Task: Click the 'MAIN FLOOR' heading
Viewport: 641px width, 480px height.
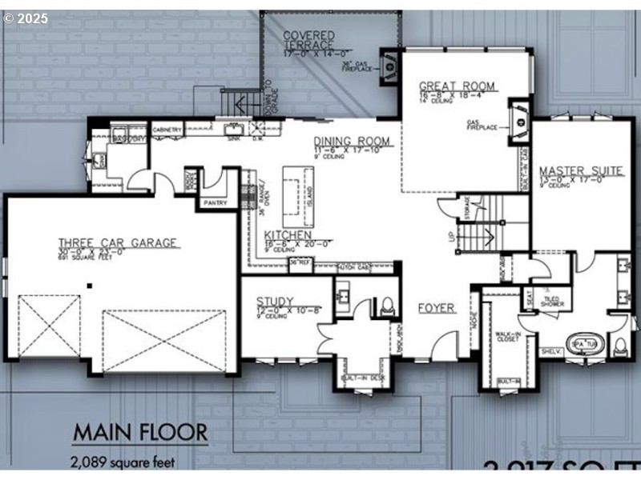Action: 140,433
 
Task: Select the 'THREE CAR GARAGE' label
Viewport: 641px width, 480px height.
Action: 117,242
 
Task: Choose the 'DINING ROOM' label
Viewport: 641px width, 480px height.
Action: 352,142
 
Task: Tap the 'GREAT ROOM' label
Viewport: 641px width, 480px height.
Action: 458,86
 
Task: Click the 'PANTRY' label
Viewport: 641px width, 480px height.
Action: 215,202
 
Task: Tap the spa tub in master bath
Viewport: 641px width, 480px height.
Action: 583,343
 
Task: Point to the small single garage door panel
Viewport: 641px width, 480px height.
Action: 49,326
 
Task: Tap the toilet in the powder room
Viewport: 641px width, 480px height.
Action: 387,304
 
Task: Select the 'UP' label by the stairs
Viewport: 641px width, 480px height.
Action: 452,238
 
